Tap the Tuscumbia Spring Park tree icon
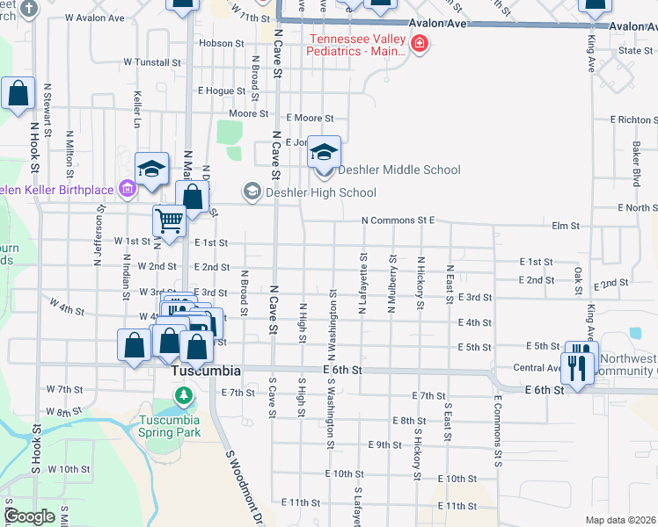(x=184, y=398)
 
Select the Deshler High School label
(x=322, y=192)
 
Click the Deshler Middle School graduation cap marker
(x=324, y=154)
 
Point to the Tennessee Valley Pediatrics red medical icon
(x=420, y=44)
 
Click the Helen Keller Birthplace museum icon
(x=128, y=188)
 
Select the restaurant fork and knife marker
(x=577, y=365)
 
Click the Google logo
(x=29, y=516)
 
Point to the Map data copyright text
(x=620, y=520)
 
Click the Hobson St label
(x=221, y=43)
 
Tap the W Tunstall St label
(x=151, y=62)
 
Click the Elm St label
(x=565, y=226)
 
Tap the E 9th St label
(x=384, y=445)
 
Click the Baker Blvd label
(x=635, y=164)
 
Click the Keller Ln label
(x=137, y=109)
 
